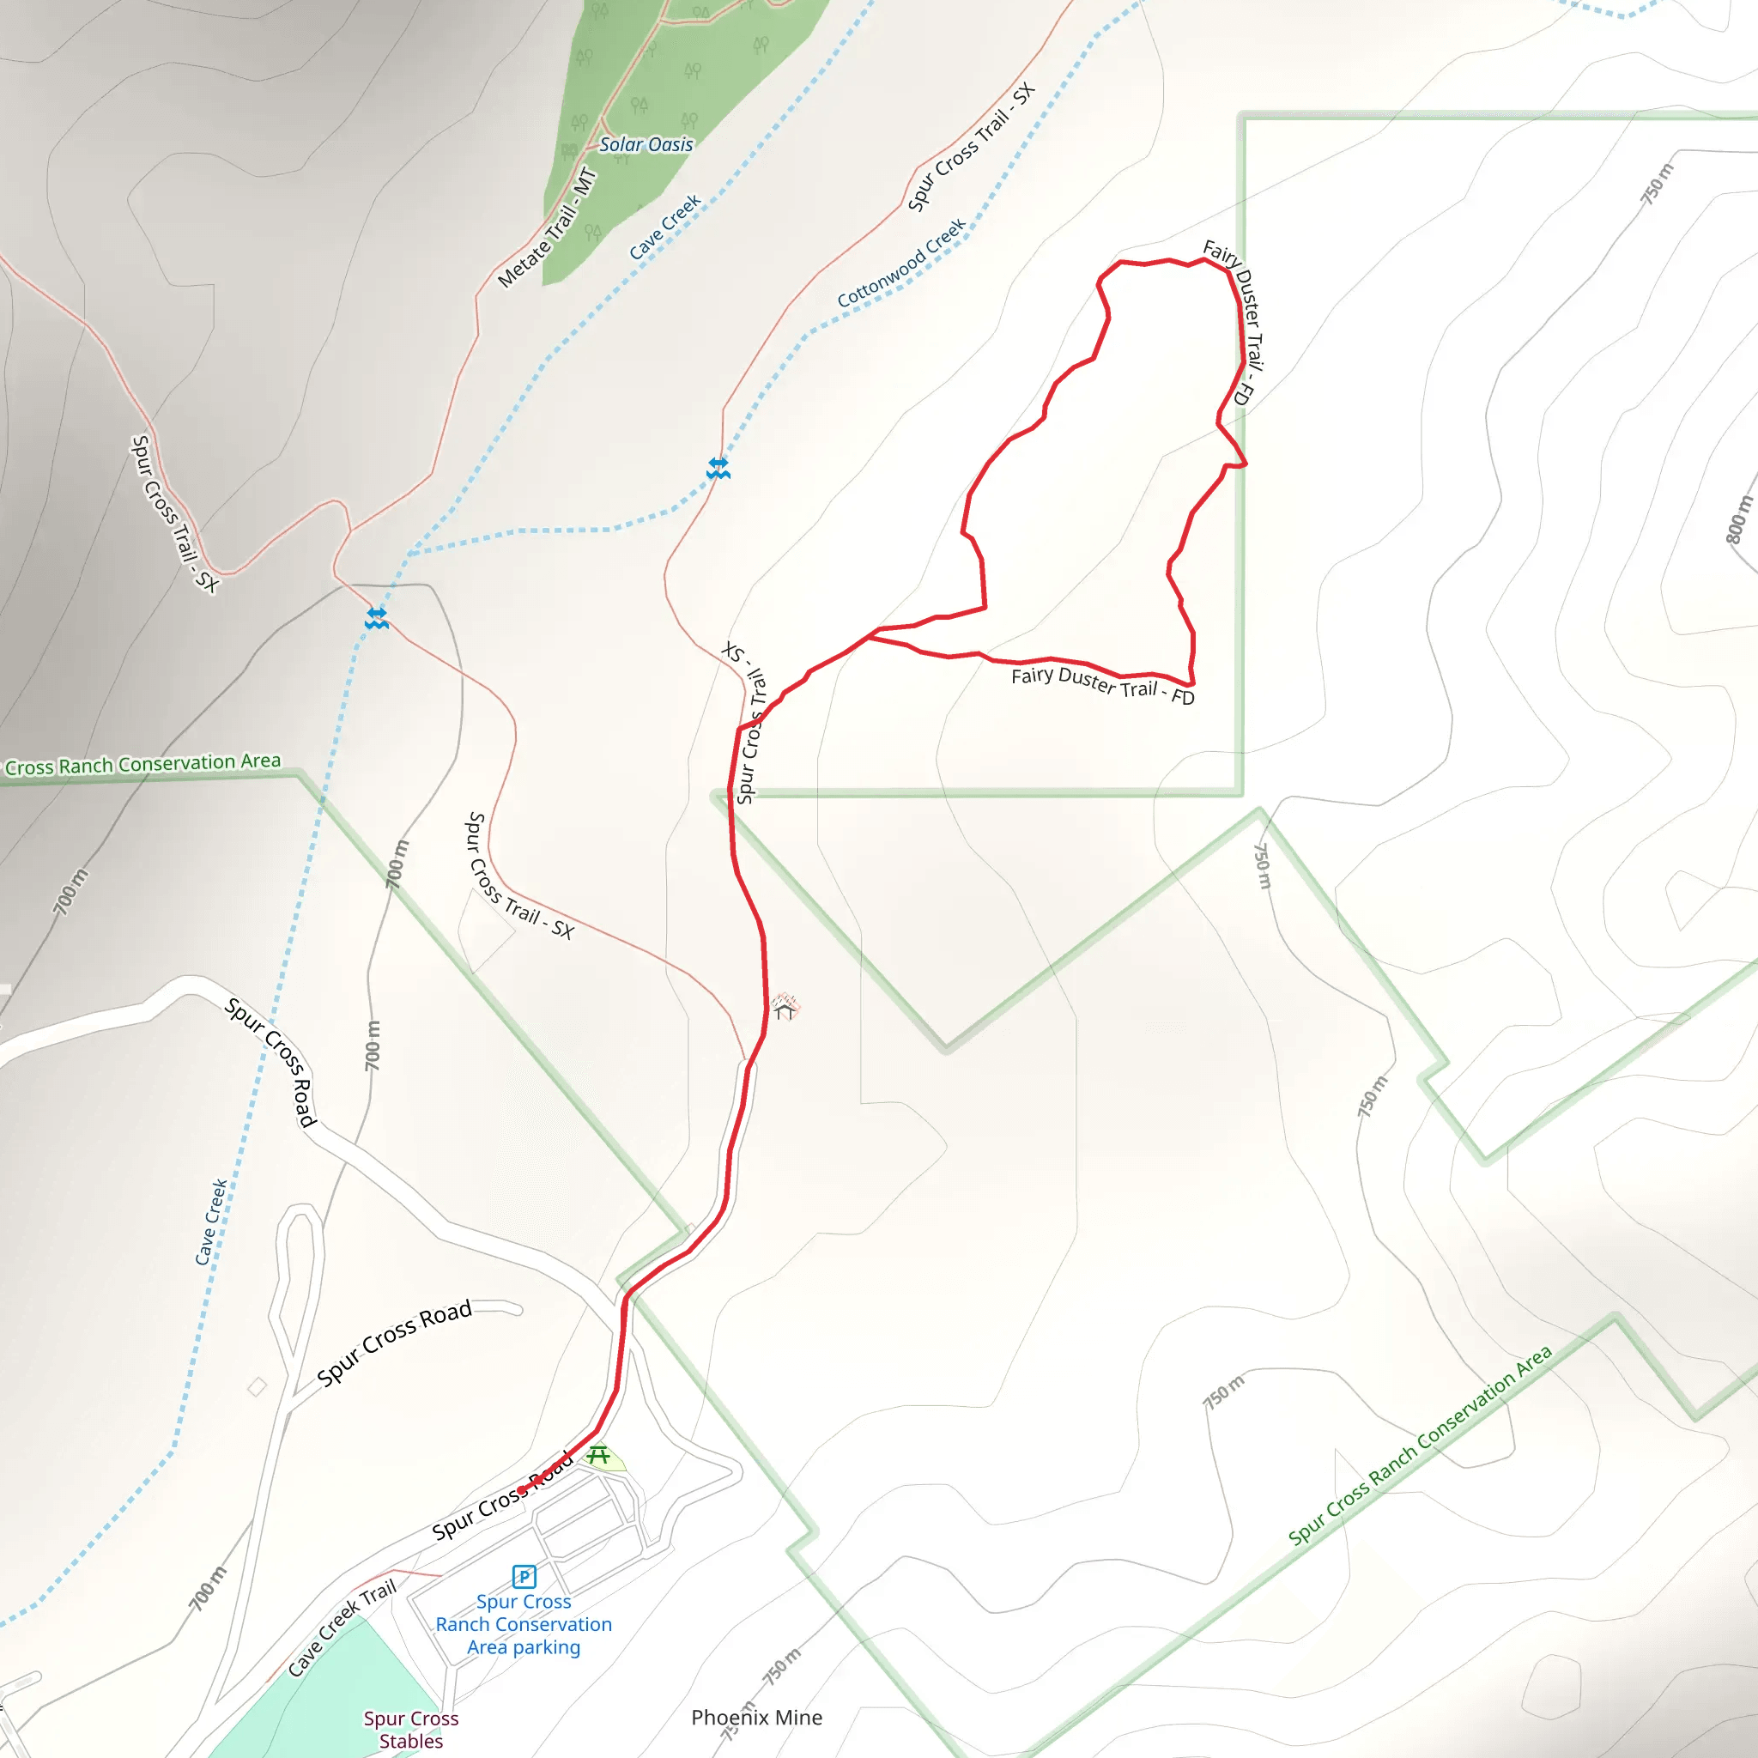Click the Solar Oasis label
click(646, 145)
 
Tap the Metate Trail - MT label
click(548, 228)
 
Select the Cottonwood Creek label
click(900, 263)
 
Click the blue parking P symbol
click(524, 1576)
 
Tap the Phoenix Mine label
click(756, 1717)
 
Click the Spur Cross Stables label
click(411, 1729)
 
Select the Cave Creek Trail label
click(343, 1628)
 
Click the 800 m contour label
click(1739, 519)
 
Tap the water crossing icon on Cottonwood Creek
click(718, 469)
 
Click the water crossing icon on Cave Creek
click(377, 619)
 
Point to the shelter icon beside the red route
click(785, 1007)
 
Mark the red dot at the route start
click(521, 1490)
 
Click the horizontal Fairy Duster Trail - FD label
click(1102, 685)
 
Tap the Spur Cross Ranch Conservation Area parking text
click(524, 1624)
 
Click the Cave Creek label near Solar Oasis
click(665, 227)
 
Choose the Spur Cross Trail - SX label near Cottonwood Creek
click(971, 147)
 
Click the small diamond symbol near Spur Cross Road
click(258, 1387)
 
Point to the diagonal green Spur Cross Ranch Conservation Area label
click(1420, 1446)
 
